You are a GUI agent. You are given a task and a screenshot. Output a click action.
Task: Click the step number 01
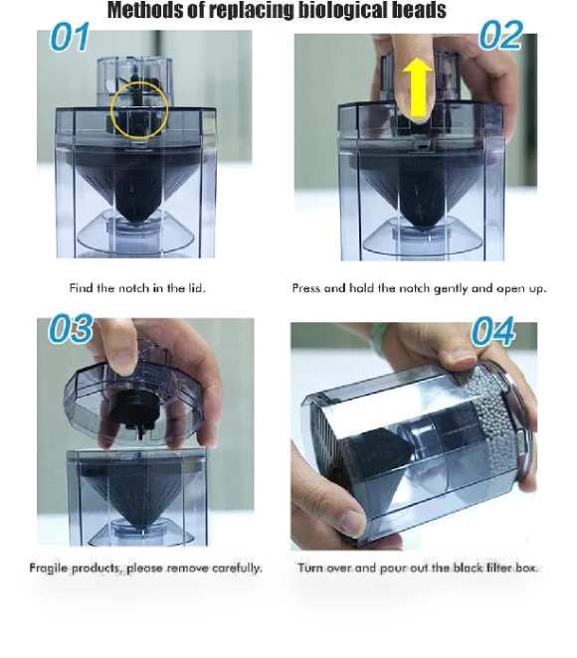point(70,37)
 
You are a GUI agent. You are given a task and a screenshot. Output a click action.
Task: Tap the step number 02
point(500,35)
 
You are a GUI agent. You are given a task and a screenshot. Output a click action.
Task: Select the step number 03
point(71,328)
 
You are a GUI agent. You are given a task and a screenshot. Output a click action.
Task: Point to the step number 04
point(493,332)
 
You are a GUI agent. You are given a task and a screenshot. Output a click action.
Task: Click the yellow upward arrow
point(418,87)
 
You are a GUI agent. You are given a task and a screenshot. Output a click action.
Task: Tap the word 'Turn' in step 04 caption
point(310,568)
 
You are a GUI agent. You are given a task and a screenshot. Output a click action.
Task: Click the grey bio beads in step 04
point(498,423)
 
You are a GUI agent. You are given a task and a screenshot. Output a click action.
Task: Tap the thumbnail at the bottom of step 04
point(352,522)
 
